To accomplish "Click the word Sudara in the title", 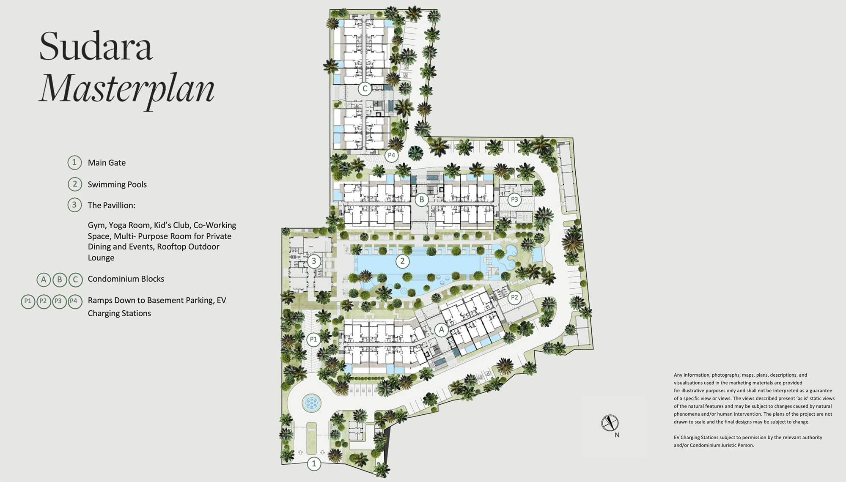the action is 96,46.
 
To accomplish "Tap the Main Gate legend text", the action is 107,163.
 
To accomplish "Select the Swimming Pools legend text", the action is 117,184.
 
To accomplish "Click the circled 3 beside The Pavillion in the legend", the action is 74,205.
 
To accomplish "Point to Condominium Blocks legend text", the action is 126,279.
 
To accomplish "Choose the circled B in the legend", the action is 60,279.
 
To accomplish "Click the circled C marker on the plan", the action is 365,89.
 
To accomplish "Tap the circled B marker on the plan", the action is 421,200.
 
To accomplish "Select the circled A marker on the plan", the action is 442,330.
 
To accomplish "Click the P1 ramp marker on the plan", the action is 313,340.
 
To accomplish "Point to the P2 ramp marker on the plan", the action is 514,298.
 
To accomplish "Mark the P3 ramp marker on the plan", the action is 514,200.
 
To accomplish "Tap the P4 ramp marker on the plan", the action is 392,156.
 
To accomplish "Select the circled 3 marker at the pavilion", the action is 314,261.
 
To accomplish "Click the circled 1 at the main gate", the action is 314,464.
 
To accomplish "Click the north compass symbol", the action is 610,423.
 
